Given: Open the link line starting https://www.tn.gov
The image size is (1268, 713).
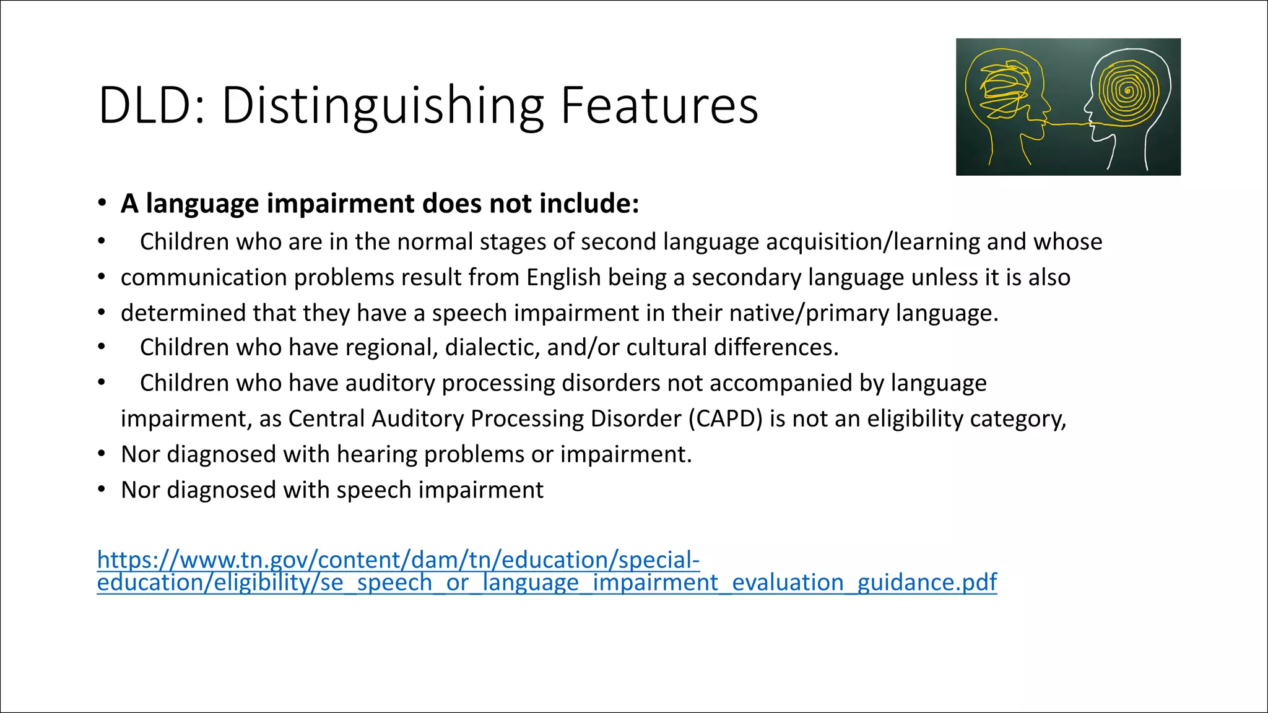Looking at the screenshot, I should point(398,560).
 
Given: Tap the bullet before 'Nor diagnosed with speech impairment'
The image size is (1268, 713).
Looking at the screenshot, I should point(102,490).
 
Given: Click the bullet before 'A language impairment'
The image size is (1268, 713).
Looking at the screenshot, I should point(102,204).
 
